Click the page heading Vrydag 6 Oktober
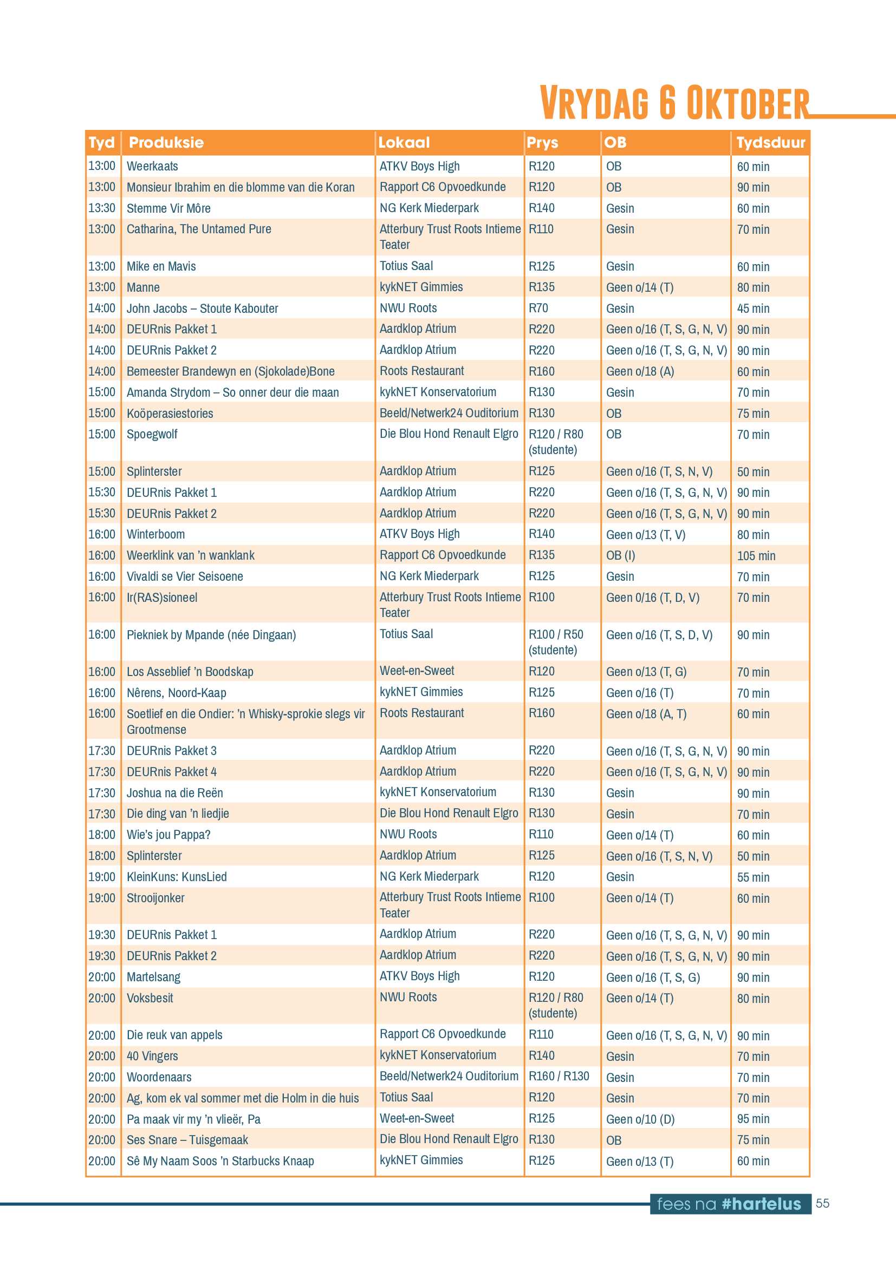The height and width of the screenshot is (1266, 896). pyautogui.click(x=674, y=102)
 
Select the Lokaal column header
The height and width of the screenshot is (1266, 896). pyautogui.click(x=404, y=143)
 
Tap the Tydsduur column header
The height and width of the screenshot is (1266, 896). pyautogui.click(x=770, y=143)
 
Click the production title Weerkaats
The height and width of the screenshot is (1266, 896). pyautogui.click(x=152, y=166)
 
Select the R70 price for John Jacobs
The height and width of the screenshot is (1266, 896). pyautogui.click(x=538, y=308)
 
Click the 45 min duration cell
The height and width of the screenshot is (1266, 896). pyautogui.click(x=752, y=309)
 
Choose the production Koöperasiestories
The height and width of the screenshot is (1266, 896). pyautogui.click(x=170, y=414)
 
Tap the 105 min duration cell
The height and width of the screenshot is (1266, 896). pyautogui.click(x=756, y=556)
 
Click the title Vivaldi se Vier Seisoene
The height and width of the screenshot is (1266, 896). pyautogui.click(x=184, y=577)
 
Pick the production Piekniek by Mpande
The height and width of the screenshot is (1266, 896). pyautogui.click(x=211, y=635)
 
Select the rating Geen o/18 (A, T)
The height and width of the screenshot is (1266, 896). pyautogui.click(x=646, y=714)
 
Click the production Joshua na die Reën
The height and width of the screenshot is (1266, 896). pyautogui.click(x=174, y=793)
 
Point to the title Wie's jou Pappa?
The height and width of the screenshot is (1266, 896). pyautogui.click(x=168, y=835)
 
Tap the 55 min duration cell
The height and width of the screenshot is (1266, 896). pyautogui.click(x=752, y=877)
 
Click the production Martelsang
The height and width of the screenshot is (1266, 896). pyautogui.click(x=153, y=978)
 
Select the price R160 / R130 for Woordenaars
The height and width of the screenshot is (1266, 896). pyautogui.click(x=559, y=1077)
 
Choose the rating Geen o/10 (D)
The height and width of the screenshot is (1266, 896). pyautogui.click(x=640, y=1119)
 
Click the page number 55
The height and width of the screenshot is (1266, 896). pyautogui.click(x=822, y=1203)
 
